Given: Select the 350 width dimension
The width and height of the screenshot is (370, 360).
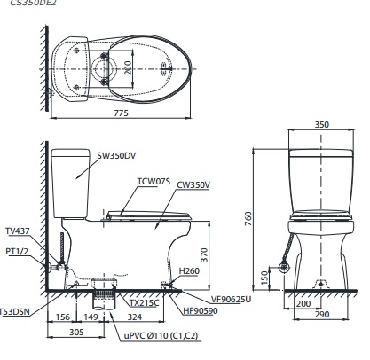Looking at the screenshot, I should click(x=320, y=126).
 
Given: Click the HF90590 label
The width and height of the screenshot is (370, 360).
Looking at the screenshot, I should click(x=203, y=310).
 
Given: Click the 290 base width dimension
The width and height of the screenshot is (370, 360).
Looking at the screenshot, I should click(x=320, y=316).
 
